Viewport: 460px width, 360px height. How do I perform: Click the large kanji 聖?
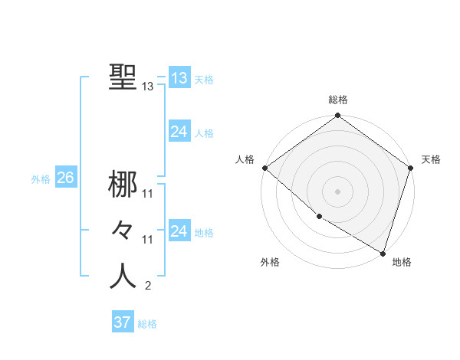(x=122, y=77)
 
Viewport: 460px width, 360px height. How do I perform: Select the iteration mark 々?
(x=122, y=230)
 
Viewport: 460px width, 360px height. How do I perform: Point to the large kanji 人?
(x=122, y=276)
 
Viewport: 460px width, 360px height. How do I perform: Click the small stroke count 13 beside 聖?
(x=148, y=87)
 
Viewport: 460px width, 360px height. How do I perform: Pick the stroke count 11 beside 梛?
(x=148, y=194)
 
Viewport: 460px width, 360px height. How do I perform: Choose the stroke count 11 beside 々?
(x=148, y=240)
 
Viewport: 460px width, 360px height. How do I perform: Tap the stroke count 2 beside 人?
(x=148, y=286)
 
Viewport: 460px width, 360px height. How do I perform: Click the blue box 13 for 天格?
(x=179, y=78)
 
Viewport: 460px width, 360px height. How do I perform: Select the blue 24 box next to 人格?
(x=179, y=132)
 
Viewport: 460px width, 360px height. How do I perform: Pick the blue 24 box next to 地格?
(x=179, y=231)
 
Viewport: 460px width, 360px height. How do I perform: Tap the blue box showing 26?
(x=65, y=178)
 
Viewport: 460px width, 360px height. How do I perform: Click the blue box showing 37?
(x=122, y=322)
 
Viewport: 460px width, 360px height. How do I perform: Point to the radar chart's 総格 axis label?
(x=338, y=100)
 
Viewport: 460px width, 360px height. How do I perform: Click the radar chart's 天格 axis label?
(x=431, y=159)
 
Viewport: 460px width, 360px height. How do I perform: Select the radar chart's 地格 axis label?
(x=402, y=262)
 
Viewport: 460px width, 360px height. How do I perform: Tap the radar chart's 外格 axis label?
(x=270, y=262)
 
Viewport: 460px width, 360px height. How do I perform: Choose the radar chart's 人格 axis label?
(x=245, y=159)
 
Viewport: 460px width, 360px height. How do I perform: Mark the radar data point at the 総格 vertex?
(x=338, y=116)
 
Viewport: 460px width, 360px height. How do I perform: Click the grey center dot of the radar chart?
(x=338, y=191)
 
